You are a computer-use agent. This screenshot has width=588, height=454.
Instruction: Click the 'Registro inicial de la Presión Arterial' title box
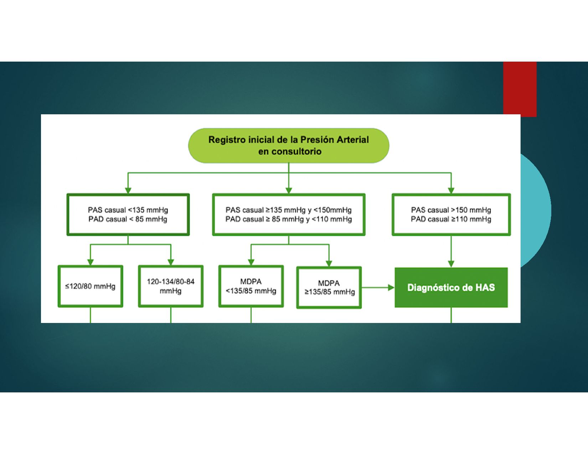[x=288, y=145]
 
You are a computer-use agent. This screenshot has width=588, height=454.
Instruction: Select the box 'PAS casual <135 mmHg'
[x=128, y=214]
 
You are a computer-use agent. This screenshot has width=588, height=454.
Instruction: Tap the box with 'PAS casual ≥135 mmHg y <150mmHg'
[x=289, y=214]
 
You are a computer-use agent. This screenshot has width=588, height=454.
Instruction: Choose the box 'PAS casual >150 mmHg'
[x=451, y=214]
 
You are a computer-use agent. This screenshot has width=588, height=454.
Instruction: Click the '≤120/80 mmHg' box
[x=91, y=286]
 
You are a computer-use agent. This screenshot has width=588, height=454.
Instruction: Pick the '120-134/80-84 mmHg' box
[x=171, y=286]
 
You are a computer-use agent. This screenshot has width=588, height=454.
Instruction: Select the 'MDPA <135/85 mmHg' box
[x=251, y=286]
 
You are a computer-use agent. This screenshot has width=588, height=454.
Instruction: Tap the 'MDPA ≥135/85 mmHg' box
[x=329, y=288]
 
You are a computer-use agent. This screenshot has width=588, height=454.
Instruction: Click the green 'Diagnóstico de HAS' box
[x=451, y=287]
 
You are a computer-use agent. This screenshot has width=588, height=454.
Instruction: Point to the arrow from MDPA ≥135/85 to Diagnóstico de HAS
[x=378, y=287]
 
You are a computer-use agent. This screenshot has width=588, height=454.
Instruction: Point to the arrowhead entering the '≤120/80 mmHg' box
[x=91, y=262]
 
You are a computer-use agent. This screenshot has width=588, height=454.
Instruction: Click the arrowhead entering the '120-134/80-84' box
[x=171, y=262]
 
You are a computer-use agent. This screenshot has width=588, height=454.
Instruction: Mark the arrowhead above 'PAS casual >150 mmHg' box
[x=451, y=191]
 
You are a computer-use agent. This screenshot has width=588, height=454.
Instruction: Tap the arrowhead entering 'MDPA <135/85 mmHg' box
[x=251, y=262]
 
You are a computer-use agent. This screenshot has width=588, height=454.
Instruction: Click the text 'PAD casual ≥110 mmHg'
[x=451, y=219]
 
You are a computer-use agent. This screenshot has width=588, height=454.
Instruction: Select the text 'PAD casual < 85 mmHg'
[x=128, y=219]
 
